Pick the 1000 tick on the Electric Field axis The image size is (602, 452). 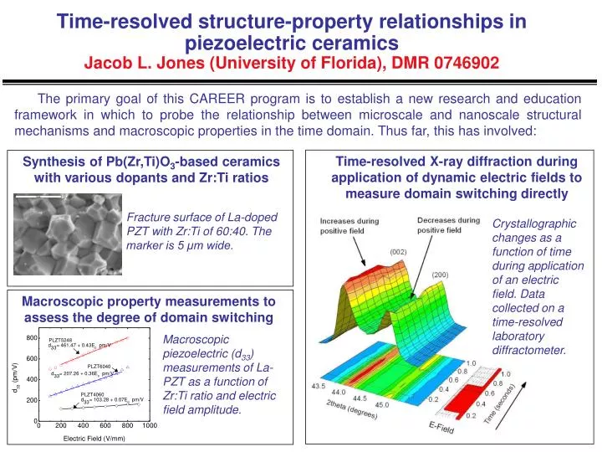point(150,426)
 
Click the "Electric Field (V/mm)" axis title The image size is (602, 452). point(94,438)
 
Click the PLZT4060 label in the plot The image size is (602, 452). point(92,393)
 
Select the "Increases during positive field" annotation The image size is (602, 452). point(349,226)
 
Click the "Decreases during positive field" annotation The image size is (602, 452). point(447,226)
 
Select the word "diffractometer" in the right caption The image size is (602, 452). point(530,349)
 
